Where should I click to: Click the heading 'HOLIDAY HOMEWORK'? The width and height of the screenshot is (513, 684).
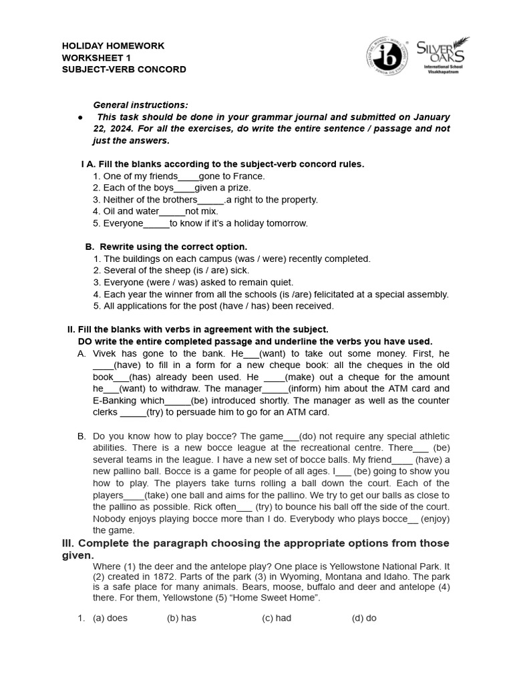point(113,46)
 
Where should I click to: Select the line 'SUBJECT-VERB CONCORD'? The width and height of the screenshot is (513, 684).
point(124,69)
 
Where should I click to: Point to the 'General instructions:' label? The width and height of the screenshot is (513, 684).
point(140,105)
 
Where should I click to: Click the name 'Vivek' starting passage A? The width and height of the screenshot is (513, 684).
point(105,353)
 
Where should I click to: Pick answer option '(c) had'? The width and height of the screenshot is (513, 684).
point(277,618)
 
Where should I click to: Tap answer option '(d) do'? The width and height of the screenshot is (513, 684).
point(364,618)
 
